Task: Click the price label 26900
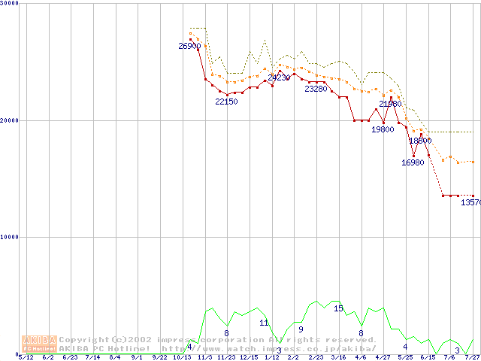coord(189,47)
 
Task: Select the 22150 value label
coord(226,102)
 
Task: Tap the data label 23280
coord(316,89)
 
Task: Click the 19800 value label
coord(383,129)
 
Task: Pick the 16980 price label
coord(413,162)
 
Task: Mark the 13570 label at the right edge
coord(470,202)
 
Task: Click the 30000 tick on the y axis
coord(11,4)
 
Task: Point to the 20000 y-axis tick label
coord(11,120)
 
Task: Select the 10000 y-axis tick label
coord(11,237)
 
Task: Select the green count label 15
coord(338,308)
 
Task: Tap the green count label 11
coord(264,323)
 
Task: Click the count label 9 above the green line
coord(301,329)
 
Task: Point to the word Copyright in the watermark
coord(84,339)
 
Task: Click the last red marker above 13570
coord(473,196)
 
